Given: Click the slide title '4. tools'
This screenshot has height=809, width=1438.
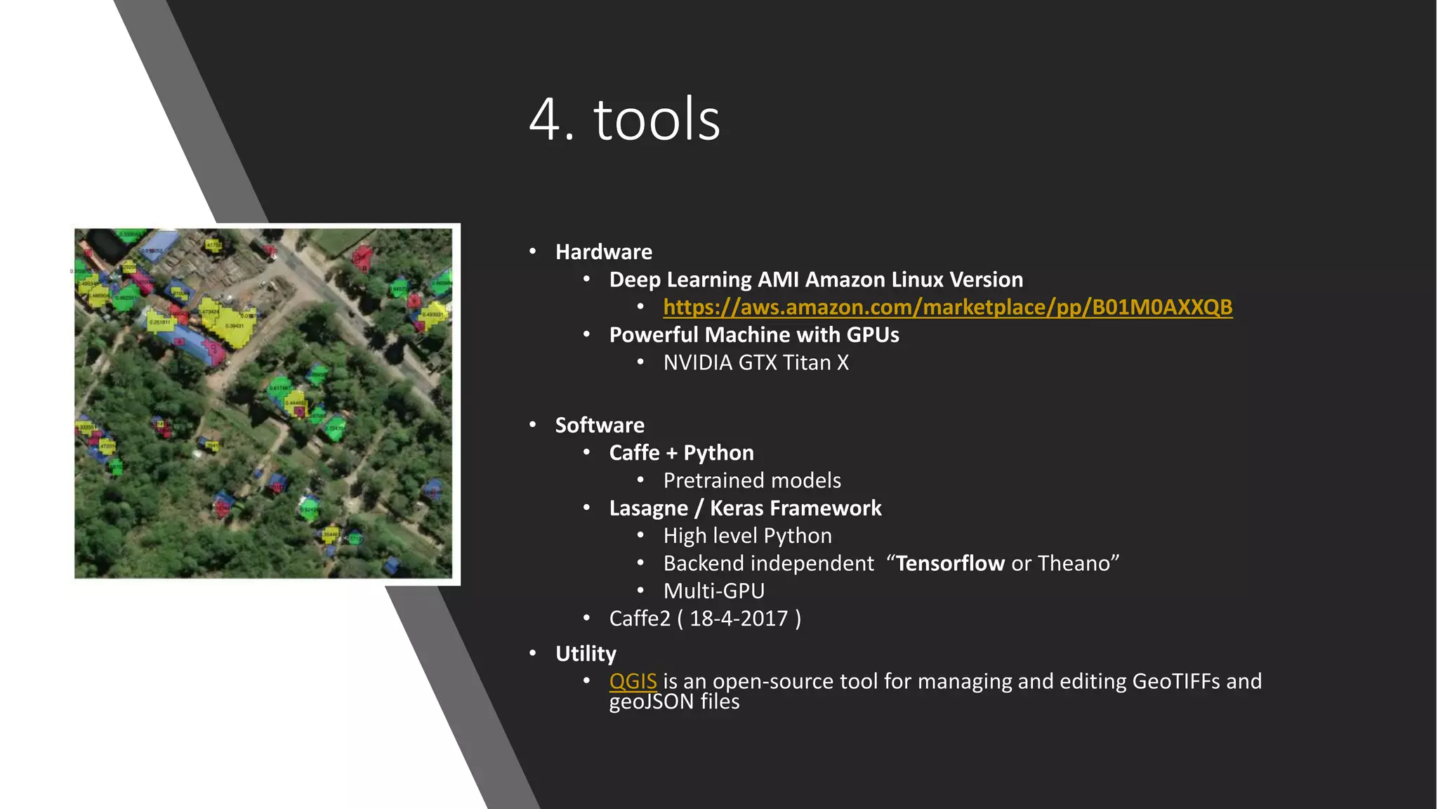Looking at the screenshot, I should [624, 119].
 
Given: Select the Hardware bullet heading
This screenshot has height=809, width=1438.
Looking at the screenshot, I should [603, 252].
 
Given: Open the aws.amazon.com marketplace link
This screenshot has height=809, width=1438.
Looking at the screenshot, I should [947, 308].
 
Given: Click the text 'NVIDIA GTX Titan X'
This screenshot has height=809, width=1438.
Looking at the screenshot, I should [756, 363].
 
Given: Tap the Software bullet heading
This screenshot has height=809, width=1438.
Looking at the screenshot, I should [599, 426].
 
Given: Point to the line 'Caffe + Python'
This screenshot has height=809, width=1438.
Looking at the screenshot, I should [681, 453].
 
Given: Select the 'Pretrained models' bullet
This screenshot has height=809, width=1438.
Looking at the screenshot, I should [751, 481].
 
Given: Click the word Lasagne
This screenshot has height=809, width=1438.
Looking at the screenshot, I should [648, 508].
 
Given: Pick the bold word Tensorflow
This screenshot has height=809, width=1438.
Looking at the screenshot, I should [950, 564].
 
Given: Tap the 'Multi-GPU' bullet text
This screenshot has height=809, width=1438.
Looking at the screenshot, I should [713, 591].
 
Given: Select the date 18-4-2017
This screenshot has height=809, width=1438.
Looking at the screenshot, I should [739, 619].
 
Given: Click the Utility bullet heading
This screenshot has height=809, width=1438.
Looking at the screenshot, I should [586, 654].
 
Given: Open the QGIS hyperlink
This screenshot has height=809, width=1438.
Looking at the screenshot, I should [633, 681].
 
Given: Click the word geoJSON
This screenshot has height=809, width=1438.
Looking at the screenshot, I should [651, 702].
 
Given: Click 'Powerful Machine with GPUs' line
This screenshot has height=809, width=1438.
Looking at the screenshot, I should [753, 335].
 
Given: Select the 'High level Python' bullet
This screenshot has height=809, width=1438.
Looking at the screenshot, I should [747, 537].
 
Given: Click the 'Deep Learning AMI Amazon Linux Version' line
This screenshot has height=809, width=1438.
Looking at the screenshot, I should [815, 279].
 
